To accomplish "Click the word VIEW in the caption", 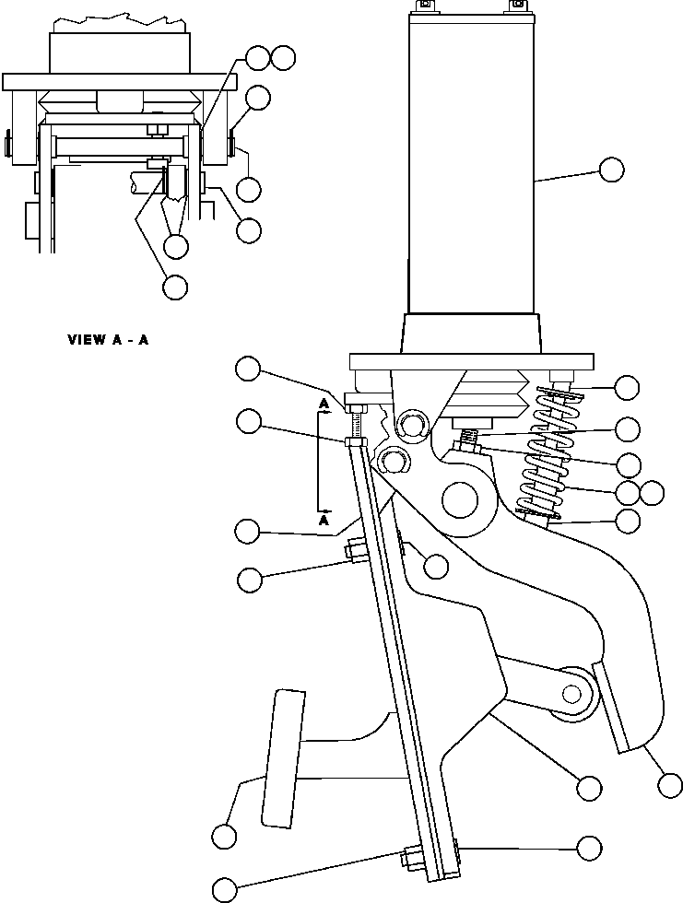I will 86,339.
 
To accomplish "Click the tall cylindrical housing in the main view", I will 469,166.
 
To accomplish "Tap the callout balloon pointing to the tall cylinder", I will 611,170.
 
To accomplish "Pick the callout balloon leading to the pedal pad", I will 223,837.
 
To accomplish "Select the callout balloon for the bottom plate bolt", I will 225,889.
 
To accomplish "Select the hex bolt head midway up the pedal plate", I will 354,553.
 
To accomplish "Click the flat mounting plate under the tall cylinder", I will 468,361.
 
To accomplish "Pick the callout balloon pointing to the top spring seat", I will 627,388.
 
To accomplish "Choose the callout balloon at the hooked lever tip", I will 671,785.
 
